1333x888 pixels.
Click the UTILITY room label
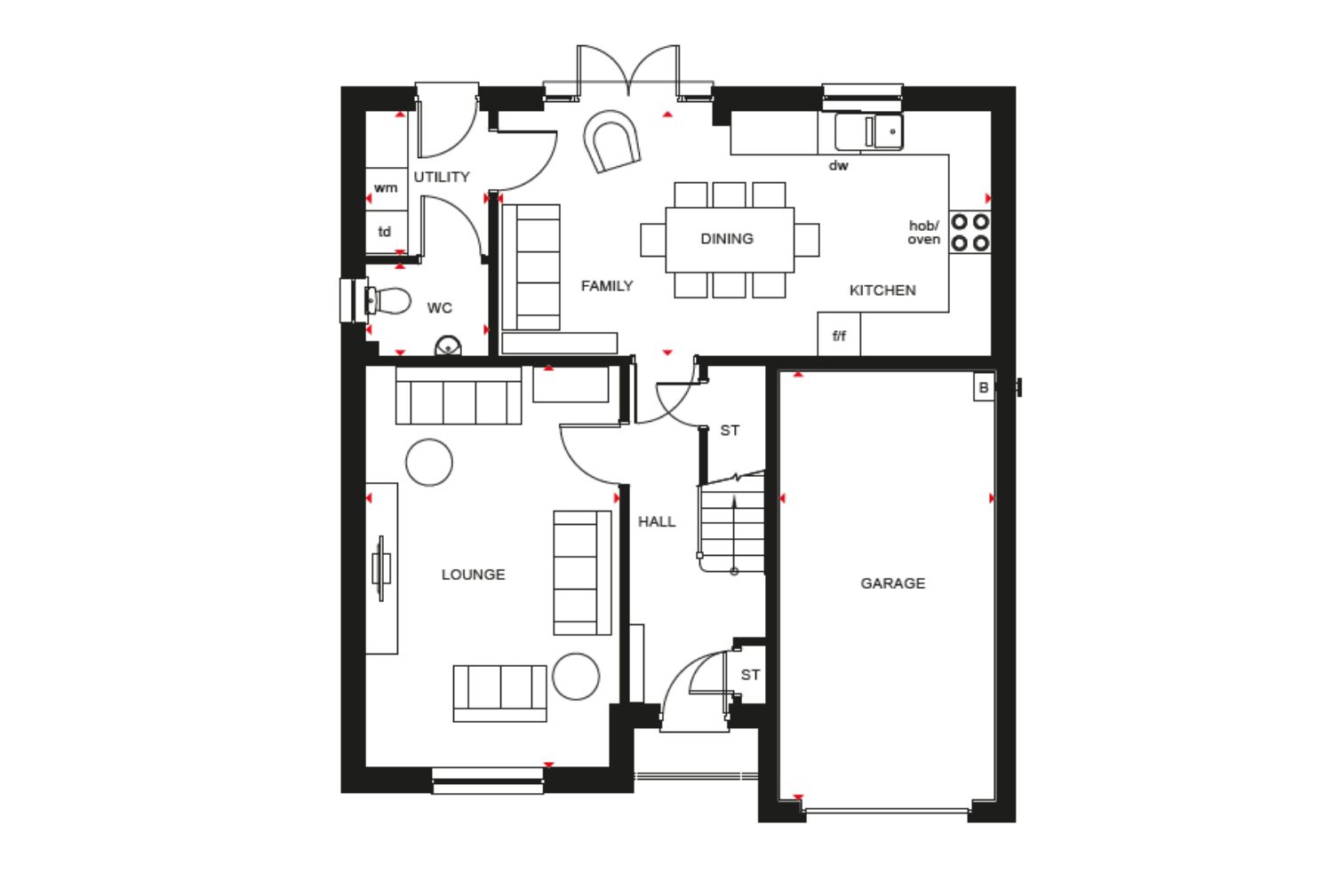tap(442, 177)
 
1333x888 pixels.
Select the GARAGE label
tap(892, 583)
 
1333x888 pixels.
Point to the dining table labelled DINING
tap(730, 239)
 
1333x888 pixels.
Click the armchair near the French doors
tap(611, 141)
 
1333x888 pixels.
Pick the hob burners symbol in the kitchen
tap(970, 232)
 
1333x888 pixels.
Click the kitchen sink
tap(869, 131)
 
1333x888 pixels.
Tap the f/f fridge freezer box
tap(839, 334)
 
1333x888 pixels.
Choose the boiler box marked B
tap(984, 387)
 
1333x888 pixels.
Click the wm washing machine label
tap(386, 188)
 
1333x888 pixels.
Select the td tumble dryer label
tap(385, 232)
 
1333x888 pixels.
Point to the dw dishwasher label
tap(839, 165)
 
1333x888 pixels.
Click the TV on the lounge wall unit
tap(381, 568)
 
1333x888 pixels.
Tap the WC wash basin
tap(448, 346)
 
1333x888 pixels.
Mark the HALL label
tap(657, 521)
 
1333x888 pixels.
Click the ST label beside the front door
tap(750, 675)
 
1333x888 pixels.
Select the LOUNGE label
tap(473, 575)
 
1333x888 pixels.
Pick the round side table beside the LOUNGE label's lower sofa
tap(576, 677)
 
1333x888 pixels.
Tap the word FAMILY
tap(607, 286)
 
